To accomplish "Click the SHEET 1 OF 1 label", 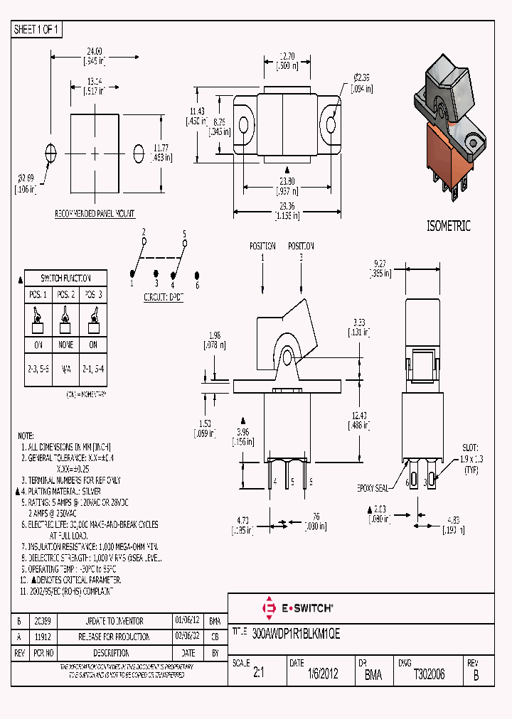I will point(37,29).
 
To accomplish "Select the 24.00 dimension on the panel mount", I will point(95,52).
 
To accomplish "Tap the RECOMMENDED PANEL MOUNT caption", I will point(95,213).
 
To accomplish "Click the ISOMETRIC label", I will point(448,227).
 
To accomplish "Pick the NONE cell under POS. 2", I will point(66,345).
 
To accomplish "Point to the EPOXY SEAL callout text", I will point(373,489).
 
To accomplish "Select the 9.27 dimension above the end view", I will point(381,264).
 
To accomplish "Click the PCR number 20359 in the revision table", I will point(43,620).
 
